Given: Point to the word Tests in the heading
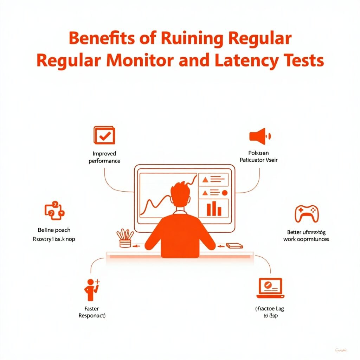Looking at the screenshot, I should [x=304, y=60].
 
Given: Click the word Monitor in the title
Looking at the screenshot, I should [x=146, y=60].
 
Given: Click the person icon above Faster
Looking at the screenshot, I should [x=91, y=289].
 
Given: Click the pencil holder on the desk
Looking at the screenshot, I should [x=124, y=239].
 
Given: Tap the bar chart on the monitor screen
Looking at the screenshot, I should [x=213, y=209].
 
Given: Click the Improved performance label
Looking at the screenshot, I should [x=104, y=157].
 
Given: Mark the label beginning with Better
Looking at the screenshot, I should [x=306, y=236].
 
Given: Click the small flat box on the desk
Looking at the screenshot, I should [x=234, y=246].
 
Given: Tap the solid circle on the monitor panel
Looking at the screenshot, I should [x=225, y=192].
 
